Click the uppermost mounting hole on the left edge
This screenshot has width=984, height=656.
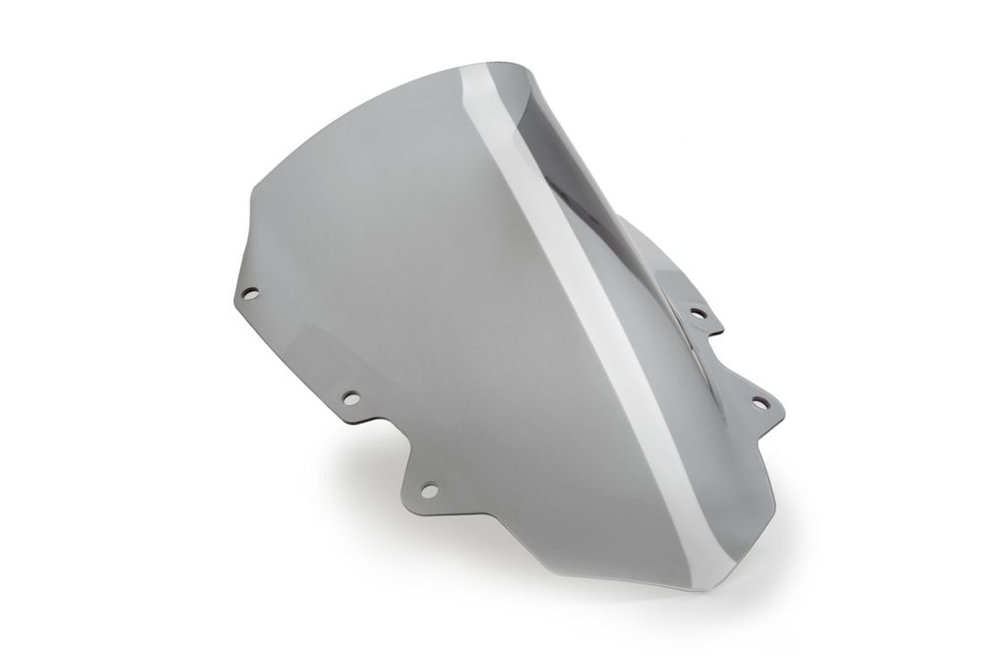coord(251,292)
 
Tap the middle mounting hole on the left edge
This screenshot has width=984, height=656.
coord(348,398)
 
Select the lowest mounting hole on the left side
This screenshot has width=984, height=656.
coord(429,488)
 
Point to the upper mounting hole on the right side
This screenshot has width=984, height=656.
coord(698,314)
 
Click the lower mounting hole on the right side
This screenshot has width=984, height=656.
coord(759,401)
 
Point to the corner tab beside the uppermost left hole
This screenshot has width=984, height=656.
coord(239,295)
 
